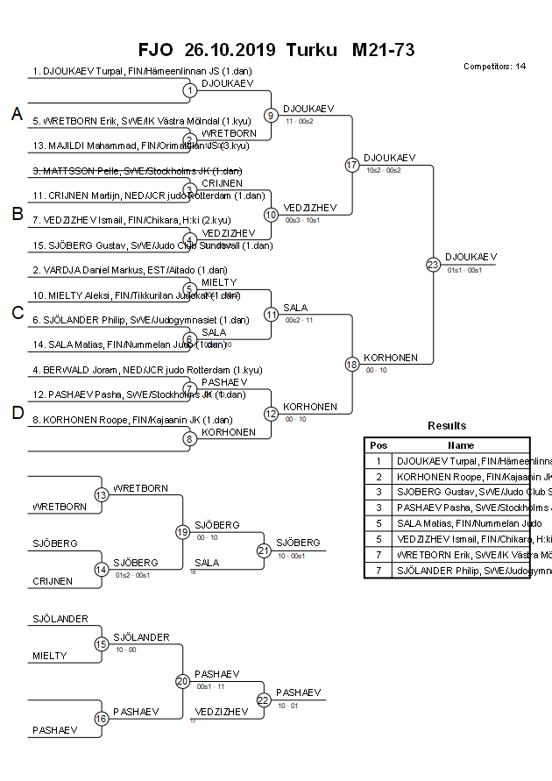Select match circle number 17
tap(352, 165)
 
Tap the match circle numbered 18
tap(352, 364)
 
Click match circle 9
tap(272, 115)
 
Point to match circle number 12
tap(272, 414)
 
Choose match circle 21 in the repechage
tap(264, 550)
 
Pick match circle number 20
tap(182, 680)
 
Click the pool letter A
tap(17, 114)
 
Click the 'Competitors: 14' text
tap(494, 67)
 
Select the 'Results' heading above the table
tap(447, 426)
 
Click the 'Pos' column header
tap(379, 445)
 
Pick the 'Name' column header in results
tap(461, 445)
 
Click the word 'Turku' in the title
tap(311, 50)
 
